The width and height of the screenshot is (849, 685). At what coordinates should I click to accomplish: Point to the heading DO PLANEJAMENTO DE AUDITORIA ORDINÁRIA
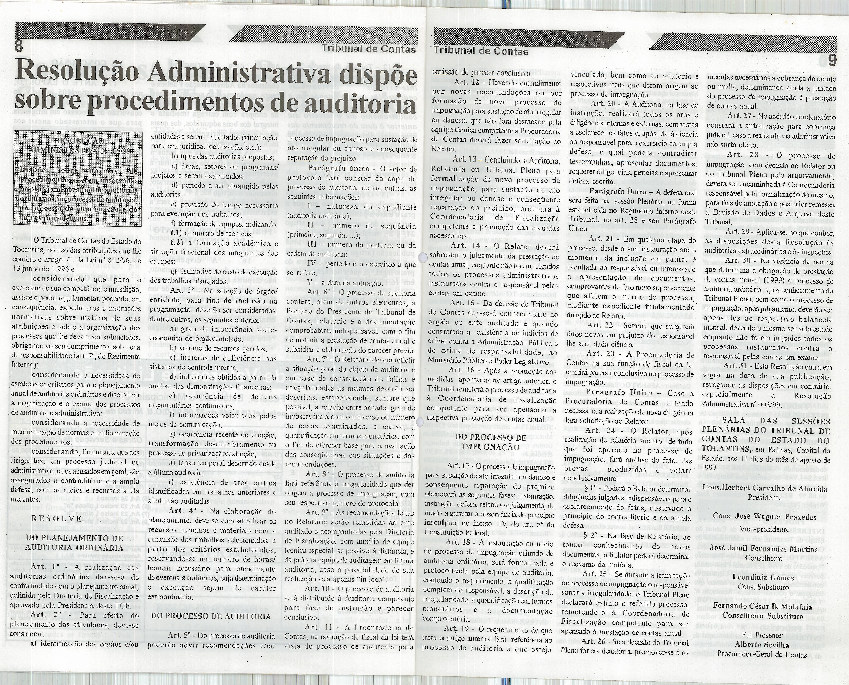[75, 543]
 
